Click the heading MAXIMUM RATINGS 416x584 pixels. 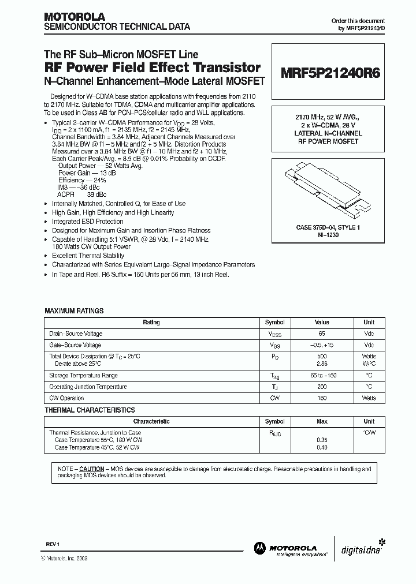pos(74,311)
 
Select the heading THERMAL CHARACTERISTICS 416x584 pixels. pos(90,410)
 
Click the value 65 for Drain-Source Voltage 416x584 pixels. pos(322,334)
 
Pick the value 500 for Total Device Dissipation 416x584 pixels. pos(322,356)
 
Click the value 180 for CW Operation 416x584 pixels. pos(322,398)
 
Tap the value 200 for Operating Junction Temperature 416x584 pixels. pos(322,387)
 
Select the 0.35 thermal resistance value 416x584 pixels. pos(322,440)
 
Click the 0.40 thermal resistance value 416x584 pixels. pos(322,447)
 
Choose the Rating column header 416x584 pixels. pos(151,323)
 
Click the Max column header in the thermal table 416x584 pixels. pos(322,421)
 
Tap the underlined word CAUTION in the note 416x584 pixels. pos(91,469)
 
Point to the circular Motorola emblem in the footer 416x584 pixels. pos(259,548)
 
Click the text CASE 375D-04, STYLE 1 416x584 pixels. pos(328,228)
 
